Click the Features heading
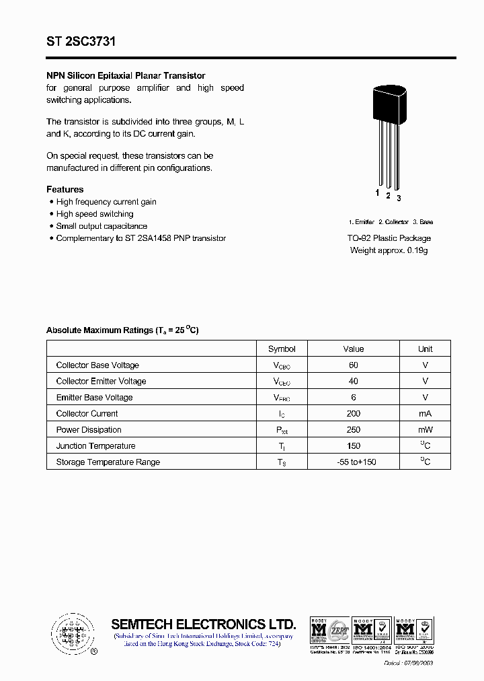click(x=65, y=190)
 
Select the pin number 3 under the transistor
click(x=399, y=198)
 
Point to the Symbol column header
click(x=282, y=349)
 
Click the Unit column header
click(x=425, y=349)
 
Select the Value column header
click(x=353, y=349)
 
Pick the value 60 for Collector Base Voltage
click(x=353, y=365)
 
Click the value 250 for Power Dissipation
click(x=353, y=429)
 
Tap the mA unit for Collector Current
click(x=425, y=413)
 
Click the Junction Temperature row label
click(x=95, y=445)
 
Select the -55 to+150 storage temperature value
click(x=353, y=462)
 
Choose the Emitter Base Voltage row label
click(x=94, y=397)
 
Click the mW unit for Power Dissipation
click(x=425, y=429)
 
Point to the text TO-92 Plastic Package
click(x=389, y=238)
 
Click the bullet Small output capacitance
click(x=102, y=226)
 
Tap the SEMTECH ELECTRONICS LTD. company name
click(x=203, y=624)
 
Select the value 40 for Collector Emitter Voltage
click(x=353, y=381)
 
